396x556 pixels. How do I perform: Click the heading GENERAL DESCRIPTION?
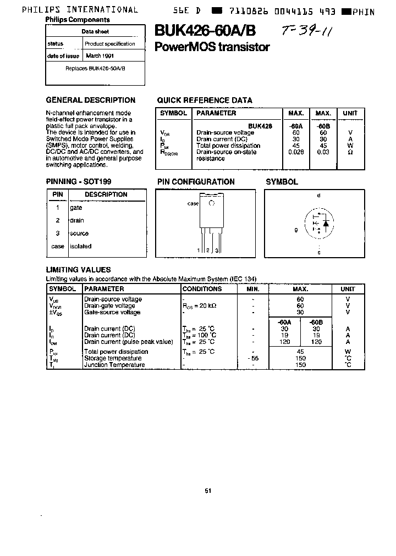tap(90, 101)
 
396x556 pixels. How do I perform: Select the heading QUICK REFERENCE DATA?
tap(205, 101)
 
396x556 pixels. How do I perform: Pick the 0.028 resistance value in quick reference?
tap(296, 152)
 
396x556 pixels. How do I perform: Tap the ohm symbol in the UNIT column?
tap(350, 152)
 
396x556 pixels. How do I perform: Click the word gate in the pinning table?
tap(76, 208)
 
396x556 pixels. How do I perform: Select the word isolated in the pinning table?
tap(80, 247)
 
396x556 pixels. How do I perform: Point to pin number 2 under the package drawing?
tap(208, 251)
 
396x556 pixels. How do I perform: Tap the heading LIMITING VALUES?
tap(78, 270)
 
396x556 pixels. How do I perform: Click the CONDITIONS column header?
tap(202, 289)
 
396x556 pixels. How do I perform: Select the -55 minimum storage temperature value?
tap(252, 358)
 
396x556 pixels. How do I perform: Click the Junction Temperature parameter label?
tap(114, 365)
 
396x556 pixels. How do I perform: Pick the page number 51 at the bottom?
tap(207, 491)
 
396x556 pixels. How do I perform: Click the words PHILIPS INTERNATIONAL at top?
tap(80, 9)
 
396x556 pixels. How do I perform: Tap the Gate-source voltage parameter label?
tap(113, 312)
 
